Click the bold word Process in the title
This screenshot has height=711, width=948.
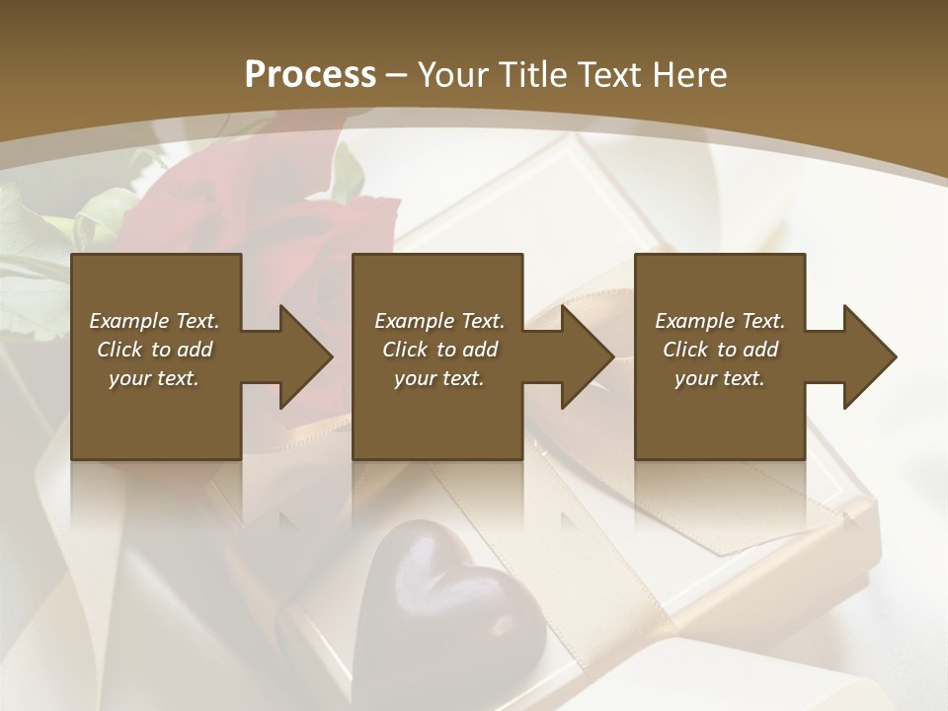click(x=310, y=75)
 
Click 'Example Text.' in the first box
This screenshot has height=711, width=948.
click(x=154, y=321)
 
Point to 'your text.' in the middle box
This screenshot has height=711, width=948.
click(x=438, y=378)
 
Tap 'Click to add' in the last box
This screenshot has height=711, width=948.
click(x=720, y=350)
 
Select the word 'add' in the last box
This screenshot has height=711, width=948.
click(x=761, y=350)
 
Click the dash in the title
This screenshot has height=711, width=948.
click(x=396, y=75)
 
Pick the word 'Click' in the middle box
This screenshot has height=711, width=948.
click(x=405, y=350)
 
